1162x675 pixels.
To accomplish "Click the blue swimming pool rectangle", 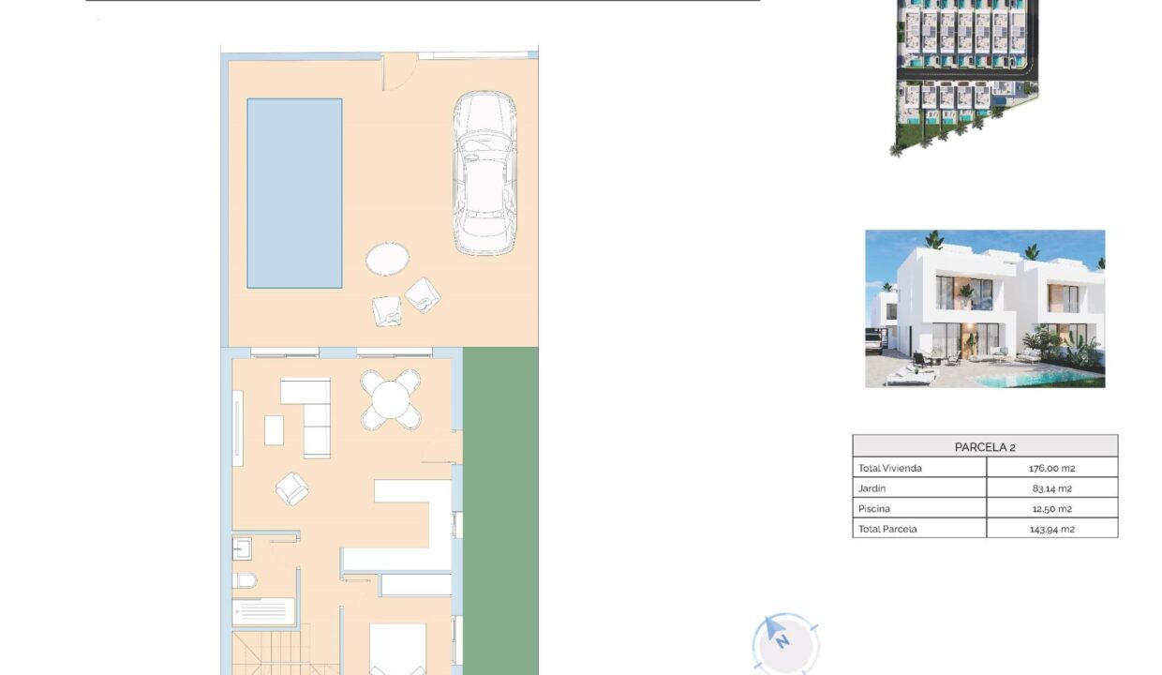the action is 294,193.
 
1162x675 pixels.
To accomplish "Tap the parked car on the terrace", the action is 485,173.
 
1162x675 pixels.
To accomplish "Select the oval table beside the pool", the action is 388,259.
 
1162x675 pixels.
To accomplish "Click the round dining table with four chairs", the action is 391,399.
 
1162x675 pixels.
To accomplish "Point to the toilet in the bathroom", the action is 245,580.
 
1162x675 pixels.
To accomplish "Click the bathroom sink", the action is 242,549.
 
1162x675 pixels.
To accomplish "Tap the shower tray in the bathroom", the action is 263,611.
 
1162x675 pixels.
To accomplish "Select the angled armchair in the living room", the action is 292,488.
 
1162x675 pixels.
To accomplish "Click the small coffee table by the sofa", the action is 274,430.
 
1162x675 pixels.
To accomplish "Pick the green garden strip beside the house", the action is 500,511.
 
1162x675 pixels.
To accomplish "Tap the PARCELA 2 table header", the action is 985,446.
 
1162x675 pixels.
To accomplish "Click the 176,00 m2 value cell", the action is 1052,468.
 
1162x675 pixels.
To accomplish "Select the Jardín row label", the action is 872,488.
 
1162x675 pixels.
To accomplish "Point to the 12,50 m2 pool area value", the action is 1052,508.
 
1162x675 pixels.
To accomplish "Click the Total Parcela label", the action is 887,529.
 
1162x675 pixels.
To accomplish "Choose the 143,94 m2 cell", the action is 1052,529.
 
